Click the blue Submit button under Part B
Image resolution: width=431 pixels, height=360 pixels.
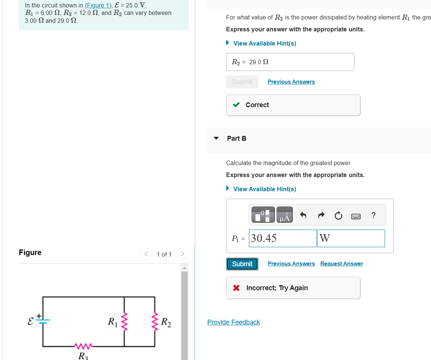(x=242, y=264)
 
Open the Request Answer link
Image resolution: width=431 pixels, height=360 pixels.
(x=341, y=264)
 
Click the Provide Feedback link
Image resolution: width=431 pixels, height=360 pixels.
(x=234, y=322)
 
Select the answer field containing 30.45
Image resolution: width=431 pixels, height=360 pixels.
(x=283, y=238)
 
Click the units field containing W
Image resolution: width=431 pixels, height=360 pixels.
(x=351, y=238)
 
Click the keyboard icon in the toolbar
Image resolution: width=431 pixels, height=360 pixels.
(x=356, y=216)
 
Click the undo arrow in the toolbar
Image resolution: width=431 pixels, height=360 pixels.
(x=303, y=215)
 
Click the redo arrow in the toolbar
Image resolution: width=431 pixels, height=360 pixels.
(x=320, y=215)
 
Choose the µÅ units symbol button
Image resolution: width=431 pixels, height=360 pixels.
(x=284, y=215)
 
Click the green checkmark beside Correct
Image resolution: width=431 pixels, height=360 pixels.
(x=236, y=105)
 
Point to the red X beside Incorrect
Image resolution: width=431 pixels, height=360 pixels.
(x=236, y=288)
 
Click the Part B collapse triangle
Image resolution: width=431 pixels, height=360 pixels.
(x=216, y=138)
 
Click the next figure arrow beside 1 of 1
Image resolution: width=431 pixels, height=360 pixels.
(x=182, y=254)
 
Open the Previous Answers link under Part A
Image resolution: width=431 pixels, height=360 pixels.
(x=291, y=82)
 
